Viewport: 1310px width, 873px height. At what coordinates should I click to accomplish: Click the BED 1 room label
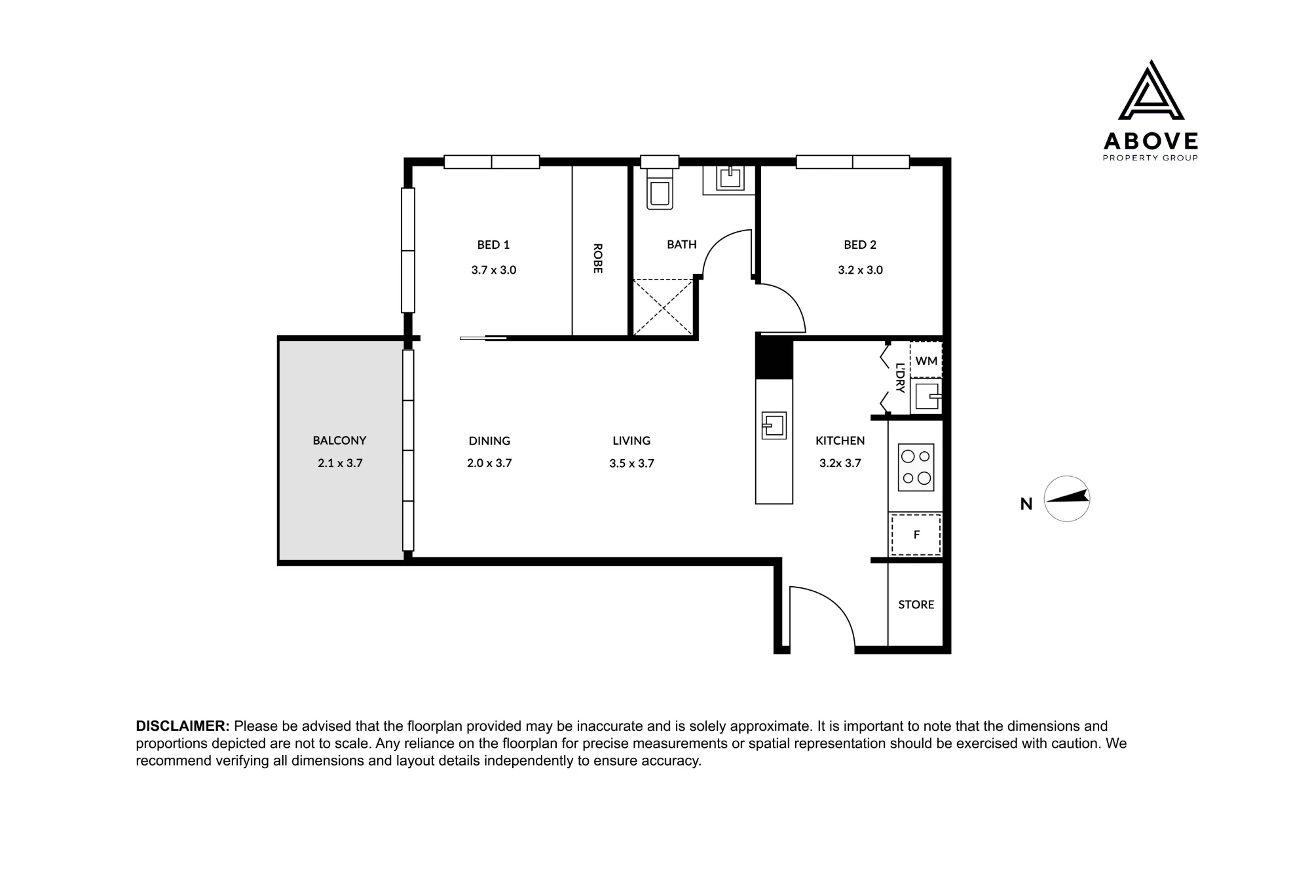[493, 244]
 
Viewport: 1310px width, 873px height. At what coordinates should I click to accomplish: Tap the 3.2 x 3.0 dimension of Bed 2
[860, 270]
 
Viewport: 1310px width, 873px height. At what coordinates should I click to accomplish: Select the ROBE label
[597, 259]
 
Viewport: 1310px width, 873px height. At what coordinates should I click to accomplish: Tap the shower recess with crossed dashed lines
[663, 307]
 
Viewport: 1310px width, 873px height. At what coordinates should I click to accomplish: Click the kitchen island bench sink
[774, 425]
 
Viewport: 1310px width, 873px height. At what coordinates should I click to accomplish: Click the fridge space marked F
[916, 534]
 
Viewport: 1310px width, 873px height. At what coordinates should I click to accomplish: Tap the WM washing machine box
[926, 360]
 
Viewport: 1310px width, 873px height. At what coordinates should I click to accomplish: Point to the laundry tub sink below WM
[927, 396]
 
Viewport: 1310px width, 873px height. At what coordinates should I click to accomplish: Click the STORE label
[916, 604]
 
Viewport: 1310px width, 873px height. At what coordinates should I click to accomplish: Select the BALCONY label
[339, 441]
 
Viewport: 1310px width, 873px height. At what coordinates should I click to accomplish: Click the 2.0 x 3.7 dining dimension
[489, 463]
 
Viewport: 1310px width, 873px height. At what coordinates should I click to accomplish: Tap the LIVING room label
[631, 441]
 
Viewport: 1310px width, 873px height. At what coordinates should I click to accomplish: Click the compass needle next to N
[1067, 498]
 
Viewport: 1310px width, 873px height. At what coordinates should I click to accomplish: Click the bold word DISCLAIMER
[183, 726]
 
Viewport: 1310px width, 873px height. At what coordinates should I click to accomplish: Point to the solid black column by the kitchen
[774, 357]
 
